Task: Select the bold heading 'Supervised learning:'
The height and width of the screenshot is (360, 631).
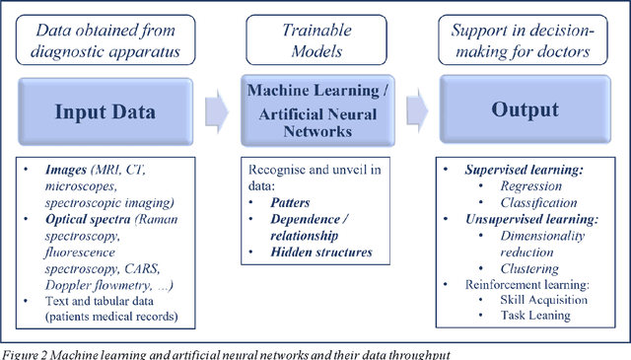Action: (524, 170)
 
